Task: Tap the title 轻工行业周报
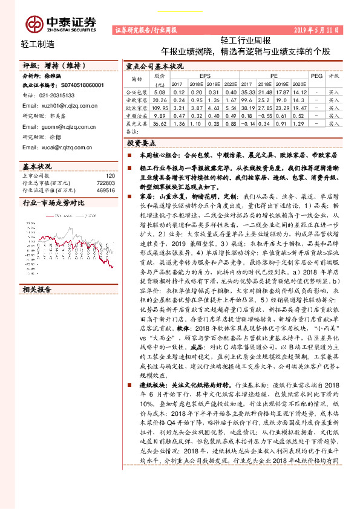[245, 41]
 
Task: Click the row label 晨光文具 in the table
[136, 123]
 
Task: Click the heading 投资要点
[142, 143]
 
